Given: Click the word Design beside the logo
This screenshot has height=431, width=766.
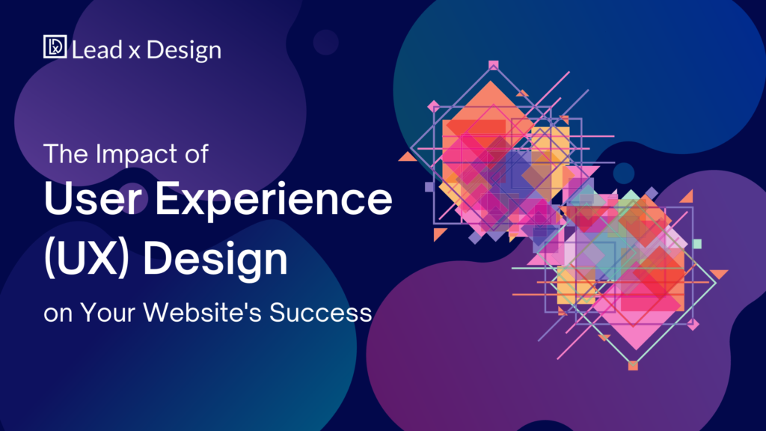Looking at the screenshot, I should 184,51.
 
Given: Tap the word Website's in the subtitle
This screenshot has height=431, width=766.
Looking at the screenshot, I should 197,312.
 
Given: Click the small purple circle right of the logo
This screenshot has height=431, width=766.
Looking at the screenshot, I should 325,42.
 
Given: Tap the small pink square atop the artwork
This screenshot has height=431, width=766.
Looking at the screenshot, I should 493,65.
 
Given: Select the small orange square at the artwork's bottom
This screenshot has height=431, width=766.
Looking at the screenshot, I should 633,366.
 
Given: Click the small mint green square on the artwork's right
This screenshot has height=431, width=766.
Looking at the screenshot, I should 697,244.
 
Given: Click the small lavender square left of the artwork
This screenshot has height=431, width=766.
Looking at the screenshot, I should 429,187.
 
